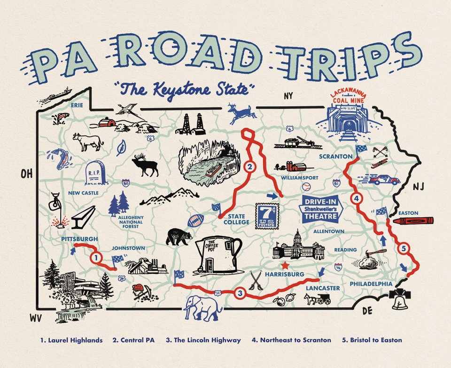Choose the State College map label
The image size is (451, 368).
[x=236, y=219]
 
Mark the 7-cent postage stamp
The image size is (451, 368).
[x=267, y=216]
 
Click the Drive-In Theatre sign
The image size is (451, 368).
[x=322, y=209]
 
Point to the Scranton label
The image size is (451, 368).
[x=335, y=156]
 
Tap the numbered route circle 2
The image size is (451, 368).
[x=250, y=166]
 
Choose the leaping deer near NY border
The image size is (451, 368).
[x=241, y=113]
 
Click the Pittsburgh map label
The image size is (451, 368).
[x=79, y=239]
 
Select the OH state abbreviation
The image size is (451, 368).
[x=27, y=175]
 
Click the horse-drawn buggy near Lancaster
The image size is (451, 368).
[x=317, y=299]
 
